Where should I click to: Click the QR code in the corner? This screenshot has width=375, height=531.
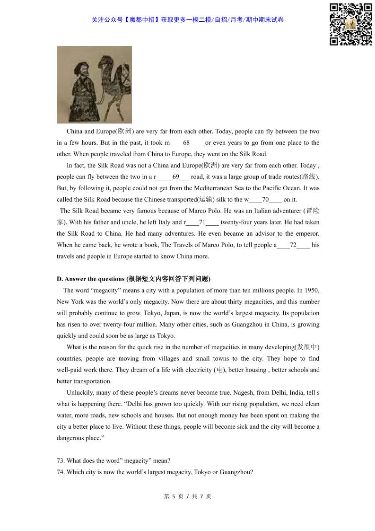tap(350, 24)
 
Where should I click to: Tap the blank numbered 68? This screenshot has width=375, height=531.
tap(186, 143)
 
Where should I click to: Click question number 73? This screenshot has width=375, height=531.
tap(61, 460)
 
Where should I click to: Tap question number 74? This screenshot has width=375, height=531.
tap(61, 472)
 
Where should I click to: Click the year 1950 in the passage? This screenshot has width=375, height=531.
tap(312, 290)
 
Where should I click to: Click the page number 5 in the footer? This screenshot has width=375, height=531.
tap(174, 496)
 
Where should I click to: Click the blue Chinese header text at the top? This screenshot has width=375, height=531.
tap(188, 20)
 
